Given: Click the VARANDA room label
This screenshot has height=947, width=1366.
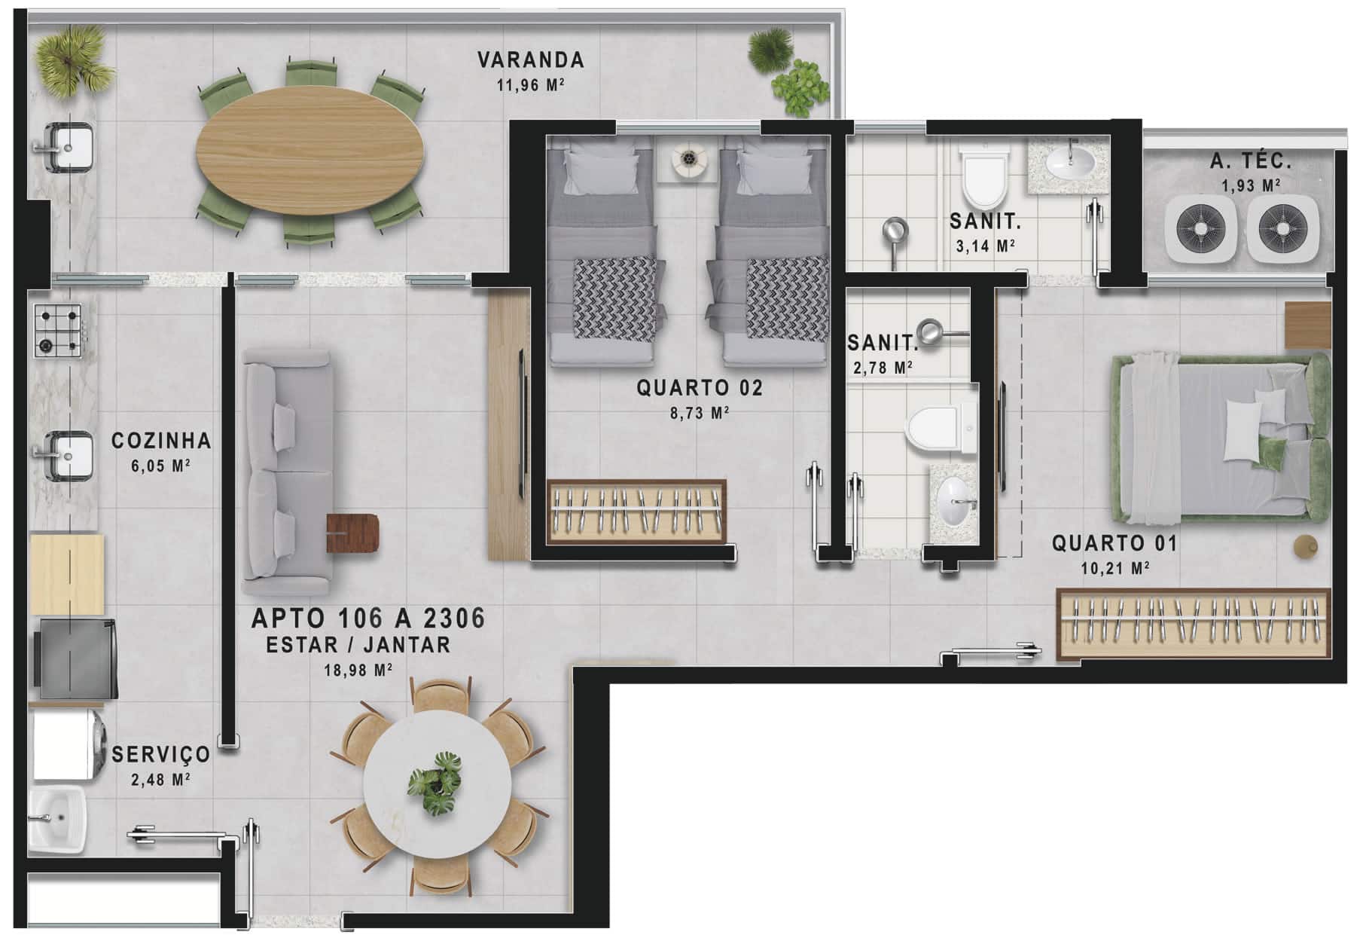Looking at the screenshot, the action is click(x=531, y=60).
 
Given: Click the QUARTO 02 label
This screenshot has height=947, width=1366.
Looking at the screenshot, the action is click(x=700, y=388).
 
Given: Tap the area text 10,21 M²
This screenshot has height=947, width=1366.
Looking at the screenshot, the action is click(x=1114, y=568).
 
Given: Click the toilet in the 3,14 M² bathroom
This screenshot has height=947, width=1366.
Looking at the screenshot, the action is click(x=985, y=178).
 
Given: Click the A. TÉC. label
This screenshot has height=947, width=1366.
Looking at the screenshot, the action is click(x=1251, y=160).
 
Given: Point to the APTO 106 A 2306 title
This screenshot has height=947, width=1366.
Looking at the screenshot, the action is click(x=368, y=619).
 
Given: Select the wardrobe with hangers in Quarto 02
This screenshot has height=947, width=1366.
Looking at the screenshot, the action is click(x=636, y=510).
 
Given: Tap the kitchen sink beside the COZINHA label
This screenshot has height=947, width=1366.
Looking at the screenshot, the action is click(x=63, y=455).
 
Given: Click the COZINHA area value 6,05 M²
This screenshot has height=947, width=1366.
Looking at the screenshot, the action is click(x=160, y=466).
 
